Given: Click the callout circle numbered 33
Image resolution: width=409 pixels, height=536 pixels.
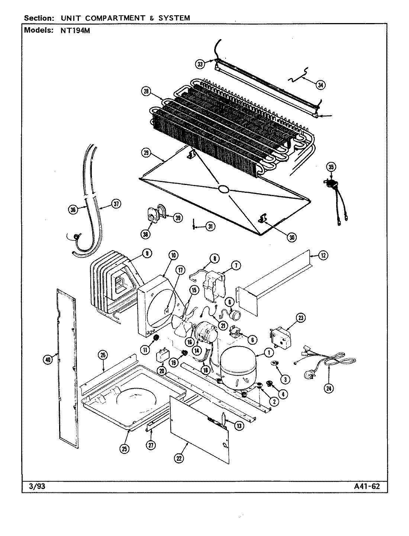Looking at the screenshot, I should (x=200, y=64).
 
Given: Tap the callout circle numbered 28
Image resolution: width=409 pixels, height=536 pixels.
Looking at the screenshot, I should (x=146, y=91).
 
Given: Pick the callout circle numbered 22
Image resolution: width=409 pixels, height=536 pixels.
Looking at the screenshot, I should (x=179, y=459).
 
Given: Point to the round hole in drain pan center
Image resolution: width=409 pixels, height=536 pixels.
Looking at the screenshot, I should (x=223, y=189).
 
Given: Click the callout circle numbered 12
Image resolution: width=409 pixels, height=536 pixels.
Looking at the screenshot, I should (x=323, y=255).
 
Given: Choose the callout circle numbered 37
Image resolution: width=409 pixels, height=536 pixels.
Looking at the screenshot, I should (x=116, y=204).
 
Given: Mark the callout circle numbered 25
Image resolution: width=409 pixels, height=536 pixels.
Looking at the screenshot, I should (x=125, y=449).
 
